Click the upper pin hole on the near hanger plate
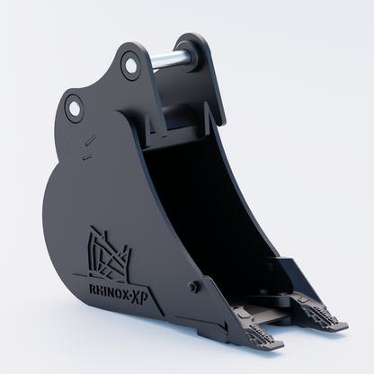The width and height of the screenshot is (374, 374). click(x=130, y=66)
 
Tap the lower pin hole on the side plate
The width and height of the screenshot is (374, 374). click(x=75, y=108)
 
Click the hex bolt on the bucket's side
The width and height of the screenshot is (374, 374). click(x=192, y=287)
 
